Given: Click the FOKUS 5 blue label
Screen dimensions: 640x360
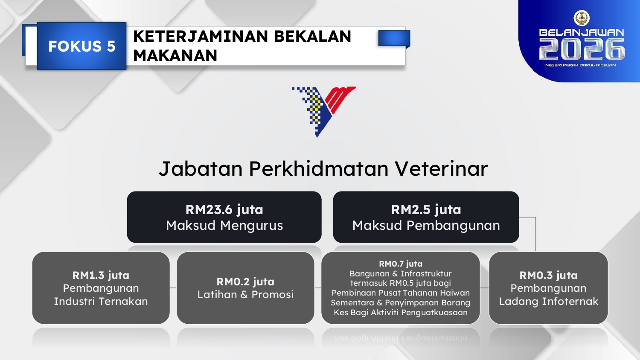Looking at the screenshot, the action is click(x=82, y=46).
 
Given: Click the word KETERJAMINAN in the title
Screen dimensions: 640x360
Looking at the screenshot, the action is click(x=201, y=36).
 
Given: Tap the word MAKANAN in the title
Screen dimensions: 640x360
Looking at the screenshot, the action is click(x=175, y=55).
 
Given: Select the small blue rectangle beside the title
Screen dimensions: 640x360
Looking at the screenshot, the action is click(x=394, y=38).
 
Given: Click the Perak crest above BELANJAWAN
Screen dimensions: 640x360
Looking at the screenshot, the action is click(x=582, y=18).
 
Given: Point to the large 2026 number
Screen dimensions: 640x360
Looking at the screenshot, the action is click(x=582, y=49).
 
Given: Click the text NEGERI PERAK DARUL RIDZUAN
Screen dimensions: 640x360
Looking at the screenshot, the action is click(x=581, y=65).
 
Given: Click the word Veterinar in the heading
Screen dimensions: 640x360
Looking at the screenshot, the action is click(x=442, y=168).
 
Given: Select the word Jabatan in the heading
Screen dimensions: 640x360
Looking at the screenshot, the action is click(x=201, y=168).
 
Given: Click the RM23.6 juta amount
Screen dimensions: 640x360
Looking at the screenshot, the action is click(x=224, y=210).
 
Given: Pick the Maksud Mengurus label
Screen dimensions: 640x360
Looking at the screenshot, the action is click(x=224, y=226).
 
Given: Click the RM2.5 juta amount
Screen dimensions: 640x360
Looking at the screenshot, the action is click(x=426, y=210).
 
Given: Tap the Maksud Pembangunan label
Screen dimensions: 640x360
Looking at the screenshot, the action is click(x=426, y=226).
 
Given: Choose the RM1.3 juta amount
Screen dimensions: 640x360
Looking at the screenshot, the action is click(x=101, y=276).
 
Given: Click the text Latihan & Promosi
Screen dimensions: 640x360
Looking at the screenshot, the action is click(x=245, y=295).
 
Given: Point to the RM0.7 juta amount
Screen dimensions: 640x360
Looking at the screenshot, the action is click(x=401, y=264).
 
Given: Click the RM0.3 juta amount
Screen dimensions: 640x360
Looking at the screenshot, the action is click(x=549, y=276).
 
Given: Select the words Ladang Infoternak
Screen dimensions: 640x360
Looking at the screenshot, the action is click(x=549, y=302).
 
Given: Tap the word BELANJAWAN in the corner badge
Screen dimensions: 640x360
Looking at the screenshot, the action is click(x=582, y=32).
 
